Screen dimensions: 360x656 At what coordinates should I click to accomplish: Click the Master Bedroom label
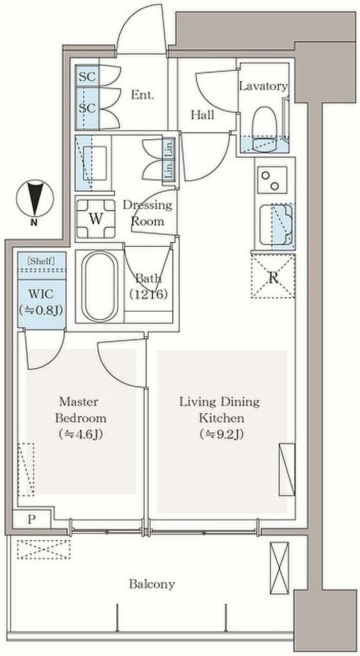click(81, 418)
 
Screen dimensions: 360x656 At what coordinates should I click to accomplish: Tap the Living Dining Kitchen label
click(220, 418)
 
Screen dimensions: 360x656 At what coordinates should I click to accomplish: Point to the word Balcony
click(152, 584)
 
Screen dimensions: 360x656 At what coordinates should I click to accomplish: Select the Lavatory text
click(263, 86)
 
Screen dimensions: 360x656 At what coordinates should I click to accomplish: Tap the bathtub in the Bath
click(100, 286)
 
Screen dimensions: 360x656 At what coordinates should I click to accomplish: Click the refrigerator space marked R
click(273, 277)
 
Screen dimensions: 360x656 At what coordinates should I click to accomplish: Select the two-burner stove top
click(272, 180)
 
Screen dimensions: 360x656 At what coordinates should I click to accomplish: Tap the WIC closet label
click(41, 302)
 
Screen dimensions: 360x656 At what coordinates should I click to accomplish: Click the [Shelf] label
click(41, 261)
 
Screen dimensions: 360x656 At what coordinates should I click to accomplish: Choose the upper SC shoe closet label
click(87, 77)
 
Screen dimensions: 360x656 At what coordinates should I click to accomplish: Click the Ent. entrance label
click(142, 95)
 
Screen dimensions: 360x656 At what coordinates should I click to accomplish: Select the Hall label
click(203, 115)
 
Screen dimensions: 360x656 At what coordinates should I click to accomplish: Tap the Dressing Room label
click(147, 213)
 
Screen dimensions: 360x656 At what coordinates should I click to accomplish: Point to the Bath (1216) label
click(149, 286)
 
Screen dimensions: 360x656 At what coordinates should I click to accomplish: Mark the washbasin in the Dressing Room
click(94, 163)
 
